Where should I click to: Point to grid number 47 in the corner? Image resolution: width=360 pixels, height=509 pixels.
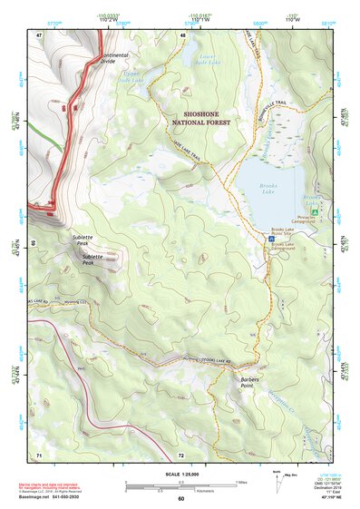click(40, 34)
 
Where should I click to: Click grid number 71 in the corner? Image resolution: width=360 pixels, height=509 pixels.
click(40, 453)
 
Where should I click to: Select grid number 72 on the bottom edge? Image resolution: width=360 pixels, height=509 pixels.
click(181, 453)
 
